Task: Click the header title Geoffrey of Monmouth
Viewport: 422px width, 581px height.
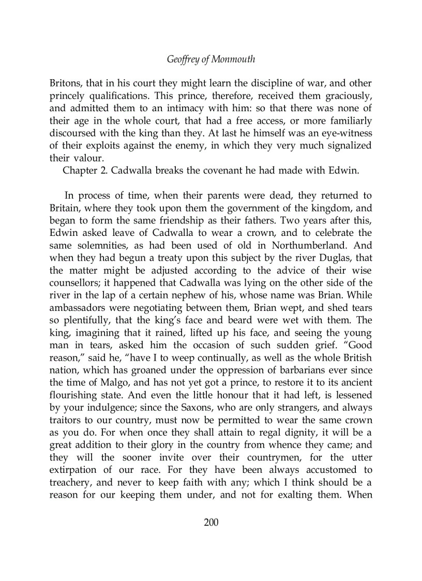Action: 211,59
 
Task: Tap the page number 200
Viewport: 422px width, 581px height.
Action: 211,522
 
